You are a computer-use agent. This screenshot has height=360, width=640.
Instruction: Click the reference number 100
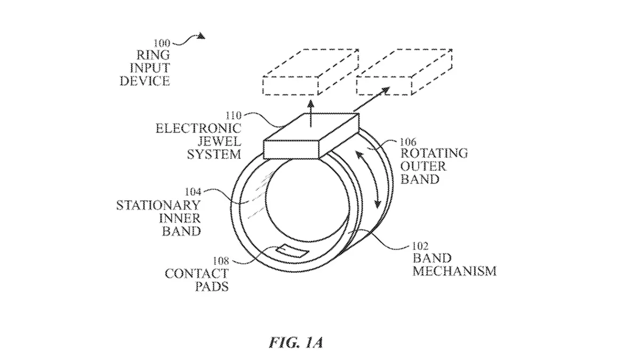click(162, 43)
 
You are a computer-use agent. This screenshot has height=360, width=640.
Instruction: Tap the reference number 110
click(234, 116)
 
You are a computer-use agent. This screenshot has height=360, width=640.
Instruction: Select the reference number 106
click(408, 142)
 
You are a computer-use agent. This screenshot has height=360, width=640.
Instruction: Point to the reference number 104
click(193, 192)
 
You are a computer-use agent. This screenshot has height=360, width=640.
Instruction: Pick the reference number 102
click(420, 246)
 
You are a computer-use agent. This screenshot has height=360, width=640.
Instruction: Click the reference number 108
click(221, 261)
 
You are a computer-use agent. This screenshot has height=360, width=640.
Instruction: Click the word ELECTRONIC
click(198, 129)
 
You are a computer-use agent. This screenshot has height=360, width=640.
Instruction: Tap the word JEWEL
click(219, 141)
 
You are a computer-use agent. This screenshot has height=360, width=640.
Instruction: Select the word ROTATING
click(434, 154)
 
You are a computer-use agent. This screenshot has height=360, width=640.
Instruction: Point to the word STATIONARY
click(158, 205)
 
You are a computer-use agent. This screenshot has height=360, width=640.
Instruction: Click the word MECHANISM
click(454, 271)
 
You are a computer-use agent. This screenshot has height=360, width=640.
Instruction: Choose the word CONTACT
click(197, 274)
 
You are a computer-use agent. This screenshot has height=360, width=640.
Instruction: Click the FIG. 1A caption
click(296, 342)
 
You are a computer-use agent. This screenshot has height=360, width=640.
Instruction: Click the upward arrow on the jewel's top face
click(311, 114)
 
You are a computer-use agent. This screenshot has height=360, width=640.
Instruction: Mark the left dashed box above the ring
click(310, 72)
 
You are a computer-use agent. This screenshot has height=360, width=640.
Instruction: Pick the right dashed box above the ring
click(404, 72)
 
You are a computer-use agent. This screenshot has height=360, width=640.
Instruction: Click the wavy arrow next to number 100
click(189, 41)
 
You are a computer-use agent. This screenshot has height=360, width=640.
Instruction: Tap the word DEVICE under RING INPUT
click(145, 81)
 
